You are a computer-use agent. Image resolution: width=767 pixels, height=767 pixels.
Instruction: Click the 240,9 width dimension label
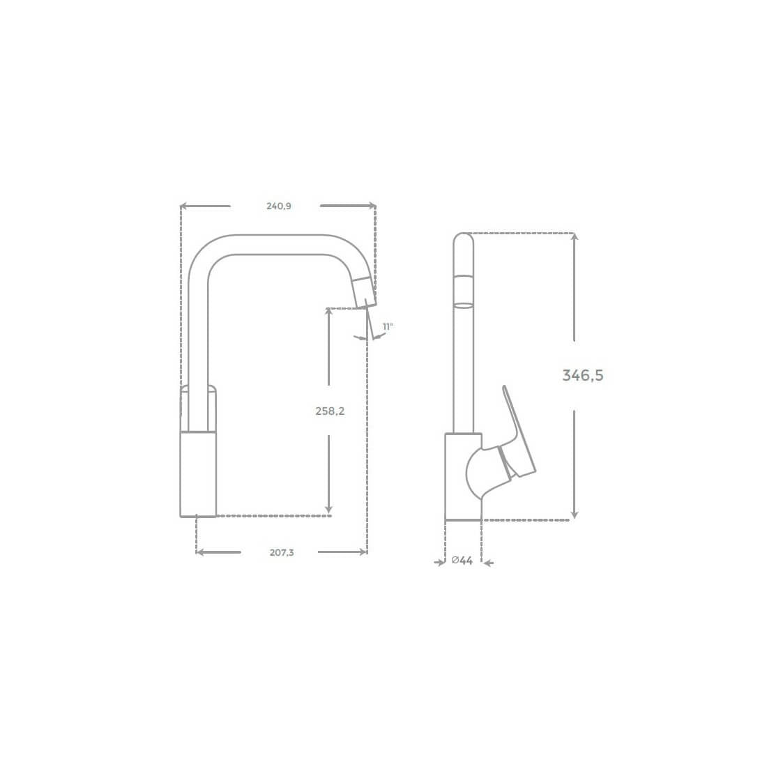tap(278, 206)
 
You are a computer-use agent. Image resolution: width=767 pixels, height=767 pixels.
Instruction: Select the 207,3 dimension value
tap(282, 552)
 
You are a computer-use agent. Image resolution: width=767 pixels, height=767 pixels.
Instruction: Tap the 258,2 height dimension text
tap(330, 411)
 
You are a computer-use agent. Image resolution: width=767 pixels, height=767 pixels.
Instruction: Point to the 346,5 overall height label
tap(583, 375)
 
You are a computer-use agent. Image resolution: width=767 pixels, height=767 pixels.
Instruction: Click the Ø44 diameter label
tap(462, 561)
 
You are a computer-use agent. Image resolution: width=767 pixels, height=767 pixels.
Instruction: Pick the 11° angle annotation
tap(388, 326)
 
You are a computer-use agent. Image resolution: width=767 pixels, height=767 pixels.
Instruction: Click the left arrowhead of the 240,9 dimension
tap(184, 206)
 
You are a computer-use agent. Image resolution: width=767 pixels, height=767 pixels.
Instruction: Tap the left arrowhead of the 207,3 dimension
tap(201, 552)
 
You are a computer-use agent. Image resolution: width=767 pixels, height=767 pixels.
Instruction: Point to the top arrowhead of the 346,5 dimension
tap(575, 238)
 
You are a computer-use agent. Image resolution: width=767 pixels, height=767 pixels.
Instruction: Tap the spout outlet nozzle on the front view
tap(365, 291)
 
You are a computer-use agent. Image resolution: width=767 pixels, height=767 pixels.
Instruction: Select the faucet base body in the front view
tap(198, 474)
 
